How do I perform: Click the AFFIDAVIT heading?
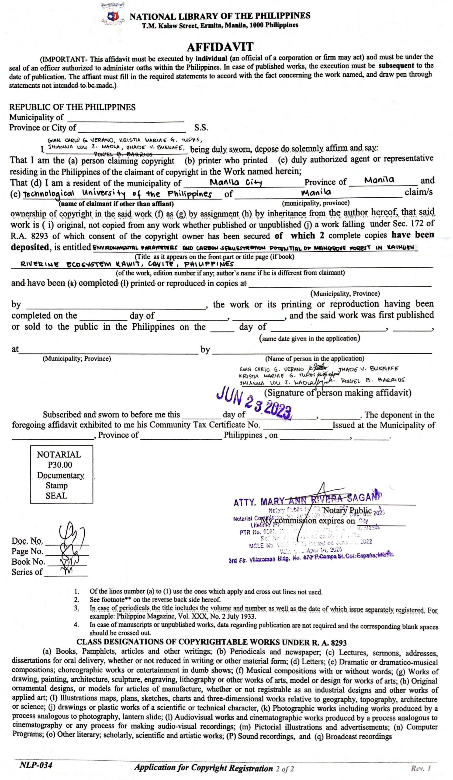(x=220, y=47)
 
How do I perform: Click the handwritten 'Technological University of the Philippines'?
(x=118, y=194)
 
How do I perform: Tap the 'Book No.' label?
(x=28, y=562)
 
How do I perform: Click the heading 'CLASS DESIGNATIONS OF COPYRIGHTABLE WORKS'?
(x=211, y=642)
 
